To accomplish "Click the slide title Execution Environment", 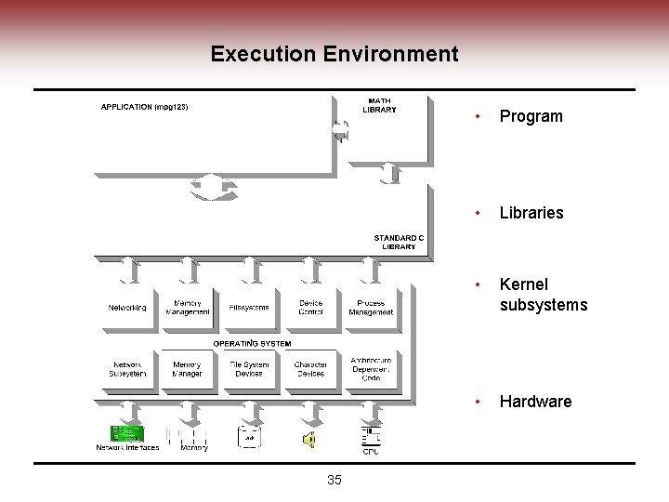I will click(334, 54).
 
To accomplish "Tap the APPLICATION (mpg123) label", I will click(145, 107).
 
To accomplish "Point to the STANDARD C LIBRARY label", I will click(399, 242).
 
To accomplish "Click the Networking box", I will click(127, 308).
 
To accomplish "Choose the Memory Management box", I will click(187, 308).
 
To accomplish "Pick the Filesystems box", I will click(249, 308).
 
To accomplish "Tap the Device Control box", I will click(310, 308).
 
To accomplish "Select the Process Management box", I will click(371, 308).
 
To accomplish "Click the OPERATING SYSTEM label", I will click(252, 343).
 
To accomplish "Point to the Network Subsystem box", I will click(127, 369).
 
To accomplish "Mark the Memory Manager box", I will click(187, 369).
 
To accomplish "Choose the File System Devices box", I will click(249, 369).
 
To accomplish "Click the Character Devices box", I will click(310, 369).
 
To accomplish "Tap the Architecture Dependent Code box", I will click(371, 369).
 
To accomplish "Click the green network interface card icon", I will click(127, 434).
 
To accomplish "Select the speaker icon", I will click(310, 438).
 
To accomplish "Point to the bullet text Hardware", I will click(535, 402).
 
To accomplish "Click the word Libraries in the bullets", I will click(531, 213).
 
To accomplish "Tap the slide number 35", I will click(334, 480).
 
